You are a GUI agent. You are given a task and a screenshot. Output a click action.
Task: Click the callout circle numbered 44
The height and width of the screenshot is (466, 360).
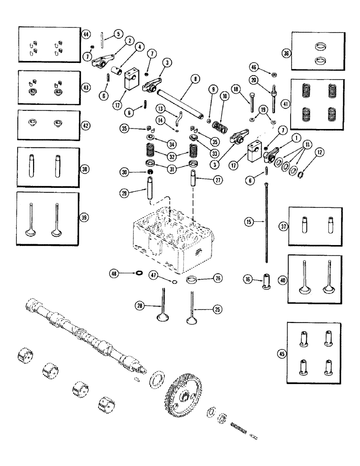coord(87,35)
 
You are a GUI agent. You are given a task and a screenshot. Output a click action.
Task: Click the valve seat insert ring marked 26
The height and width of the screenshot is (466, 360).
coord(191,281)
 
